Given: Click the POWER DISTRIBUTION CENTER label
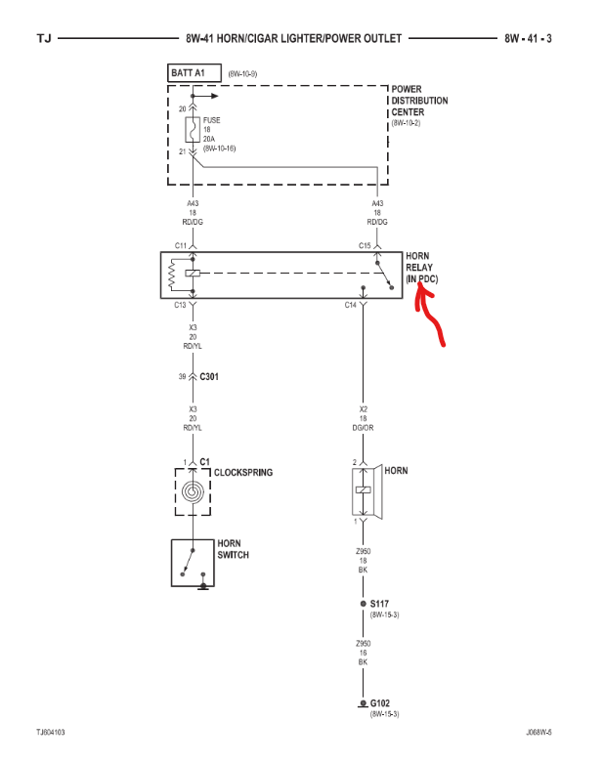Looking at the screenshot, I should [x=419, y=102].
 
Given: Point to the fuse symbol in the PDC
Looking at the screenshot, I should [x=193, y=129].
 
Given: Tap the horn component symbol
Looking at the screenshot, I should [x=364, y=490].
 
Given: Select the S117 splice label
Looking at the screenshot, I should [x=380, y=604].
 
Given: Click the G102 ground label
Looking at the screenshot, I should [x=380, y=703].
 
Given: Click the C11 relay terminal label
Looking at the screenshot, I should [x=181, y=245].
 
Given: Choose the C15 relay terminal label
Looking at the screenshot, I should [x=365, y=245].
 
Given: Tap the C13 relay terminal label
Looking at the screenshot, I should [x=181, y=305].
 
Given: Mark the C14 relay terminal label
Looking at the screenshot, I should [x=351, y=305].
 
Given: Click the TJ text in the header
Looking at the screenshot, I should [x=44, y=39].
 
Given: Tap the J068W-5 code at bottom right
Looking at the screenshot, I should [x=538, y=731].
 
